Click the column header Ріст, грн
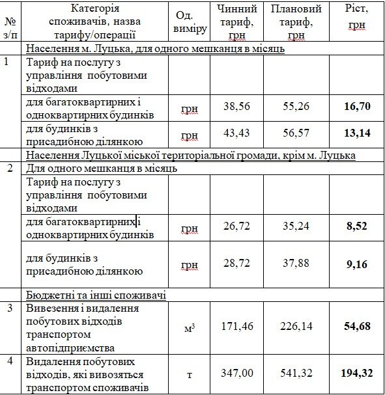coord(357,20)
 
